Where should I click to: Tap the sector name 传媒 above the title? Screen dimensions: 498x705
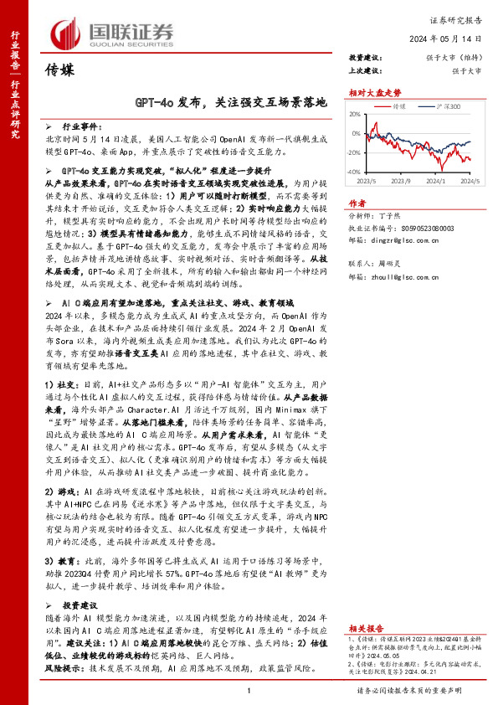click(61, 69)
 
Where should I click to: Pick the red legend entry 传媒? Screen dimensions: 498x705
click(399, 108)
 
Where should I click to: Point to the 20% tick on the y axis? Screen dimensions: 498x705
click(354, 115)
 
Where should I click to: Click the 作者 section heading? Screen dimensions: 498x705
click(357, 203)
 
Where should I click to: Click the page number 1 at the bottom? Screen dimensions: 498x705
click(249, 691)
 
